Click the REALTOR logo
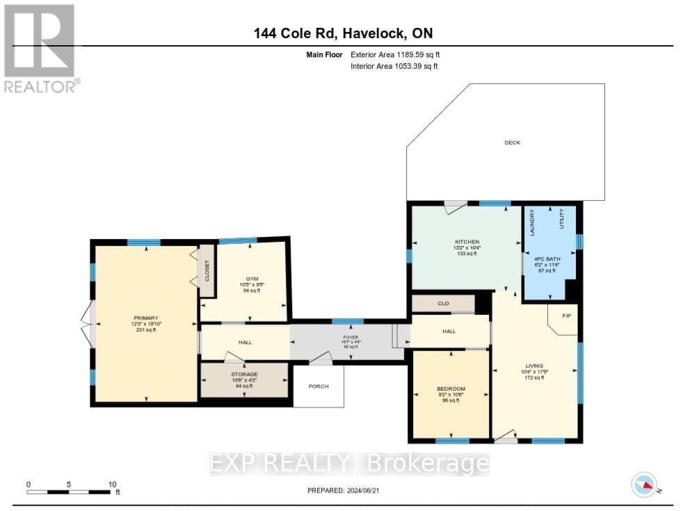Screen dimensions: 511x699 [x=40, y=49]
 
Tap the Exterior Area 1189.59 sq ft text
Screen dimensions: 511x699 [x=394, y=54]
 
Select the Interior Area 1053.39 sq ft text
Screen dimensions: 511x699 [x=394, y=67]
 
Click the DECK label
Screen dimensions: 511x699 [x=512, y=143]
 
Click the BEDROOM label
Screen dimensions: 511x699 [x=451, y=389]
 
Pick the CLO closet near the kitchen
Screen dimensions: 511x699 [x=443, y=304]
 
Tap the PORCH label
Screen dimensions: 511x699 [x=318, y=387]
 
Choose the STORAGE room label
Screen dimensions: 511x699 [x=244, y=375]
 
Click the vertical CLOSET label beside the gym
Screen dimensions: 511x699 [x=207, y=270]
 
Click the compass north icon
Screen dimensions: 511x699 [x=644, y=484]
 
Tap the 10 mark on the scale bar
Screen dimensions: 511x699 [x=111, y=484]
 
